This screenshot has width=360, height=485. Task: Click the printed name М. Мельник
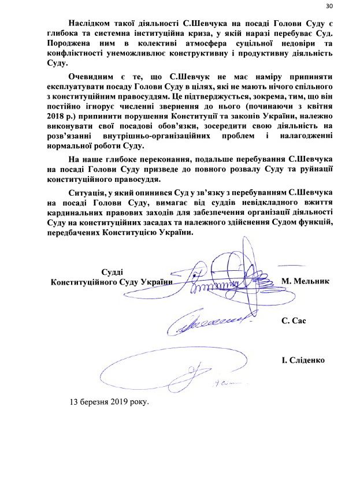point(305,281)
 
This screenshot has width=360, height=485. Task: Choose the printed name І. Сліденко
point(303,360)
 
